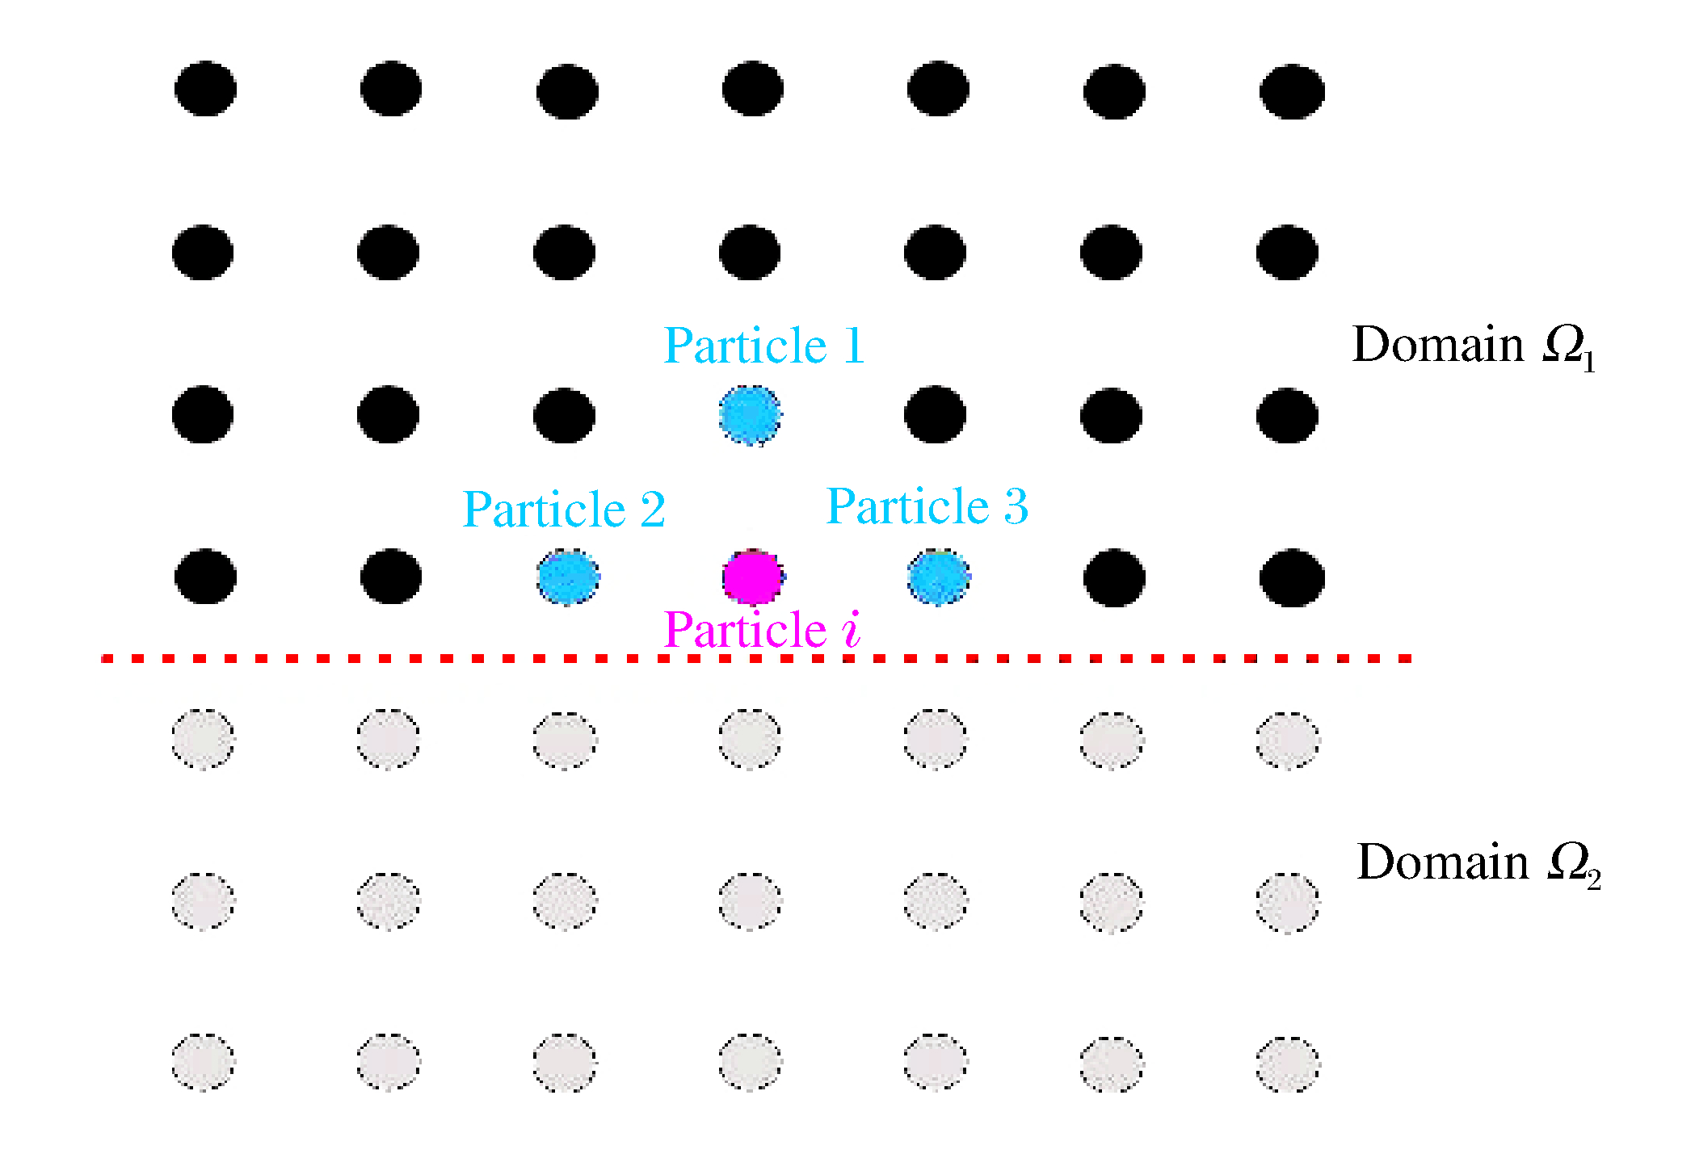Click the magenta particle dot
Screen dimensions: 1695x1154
(752, 577)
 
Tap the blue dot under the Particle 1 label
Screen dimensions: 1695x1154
(750, 416)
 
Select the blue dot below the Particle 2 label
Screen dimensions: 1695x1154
(568, 577)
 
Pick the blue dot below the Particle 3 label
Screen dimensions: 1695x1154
(939, 577)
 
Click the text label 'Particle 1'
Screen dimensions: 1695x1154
(764, 346)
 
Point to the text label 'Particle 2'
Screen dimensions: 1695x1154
(564, 510)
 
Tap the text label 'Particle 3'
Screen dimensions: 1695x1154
(927, 506)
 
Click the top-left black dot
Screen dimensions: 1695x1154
(205, 89)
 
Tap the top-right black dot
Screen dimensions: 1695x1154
(1292, 91)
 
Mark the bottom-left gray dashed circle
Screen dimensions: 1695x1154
(204, 1062)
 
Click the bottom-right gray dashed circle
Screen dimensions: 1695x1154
(1288, 1064)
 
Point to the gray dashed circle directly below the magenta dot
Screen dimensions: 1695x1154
(750, 739)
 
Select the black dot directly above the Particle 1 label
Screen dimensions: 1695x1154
(750, 253)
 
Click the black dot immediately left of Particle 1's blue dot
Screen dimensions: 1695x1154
(565, 416)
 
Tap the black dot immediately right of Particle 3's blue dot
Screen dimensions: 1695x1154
(1114, 577)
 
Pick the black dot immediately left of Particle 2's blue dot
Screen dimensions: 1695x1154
(390, 577)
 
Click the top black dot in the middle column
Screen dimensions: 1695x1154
(752, 89)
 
